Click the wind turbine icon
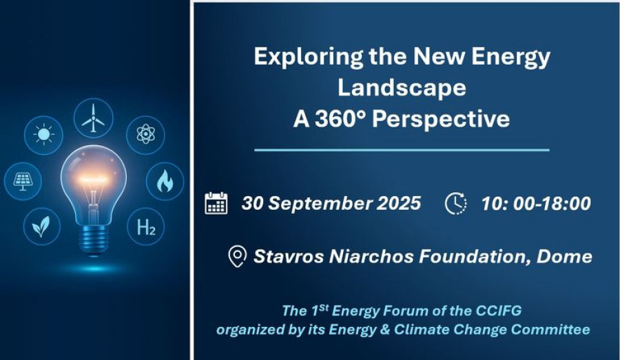[x=93, y=118]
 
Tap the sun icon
[x=43, y=135]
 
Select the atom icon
[x=145, y=135]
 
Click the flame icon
[x=165, y=181]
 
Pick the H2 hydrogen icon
[x=146, y=227]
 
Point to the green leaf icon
[x=41, y=226]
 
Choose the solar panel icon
[x=23, y=182]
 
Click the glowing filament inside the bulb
[x=93, y=178]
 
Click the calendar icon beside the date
[x=216, y=203]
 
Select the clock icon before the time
[x=455, y=204]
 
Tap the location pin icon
[x=237, y=257]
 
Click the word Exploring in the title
[x=309, y=57]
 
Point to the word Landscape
[x=402, y=87]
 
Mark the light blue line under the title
[x=402, y=150]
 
